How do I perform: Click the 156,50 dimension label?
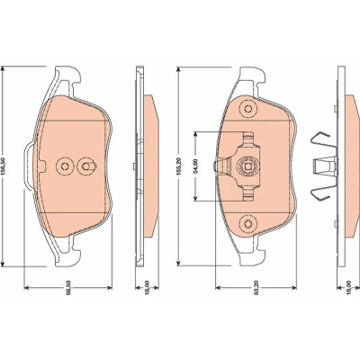point(4,166)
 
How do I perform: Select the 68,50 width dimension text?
point(68,292)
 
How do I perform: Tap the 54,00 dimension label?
point(196,166)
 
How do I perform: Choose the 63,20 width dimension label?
point(256,292)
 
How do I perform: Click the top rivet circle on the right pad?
point(247,109)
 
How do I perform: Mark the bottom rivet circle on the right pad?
point(247,223)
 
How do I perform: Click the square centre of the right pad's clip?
point(247,166)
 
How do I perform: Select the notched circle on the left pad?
point(86,166)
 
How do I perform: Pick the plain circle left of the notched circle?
point(64,166)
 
